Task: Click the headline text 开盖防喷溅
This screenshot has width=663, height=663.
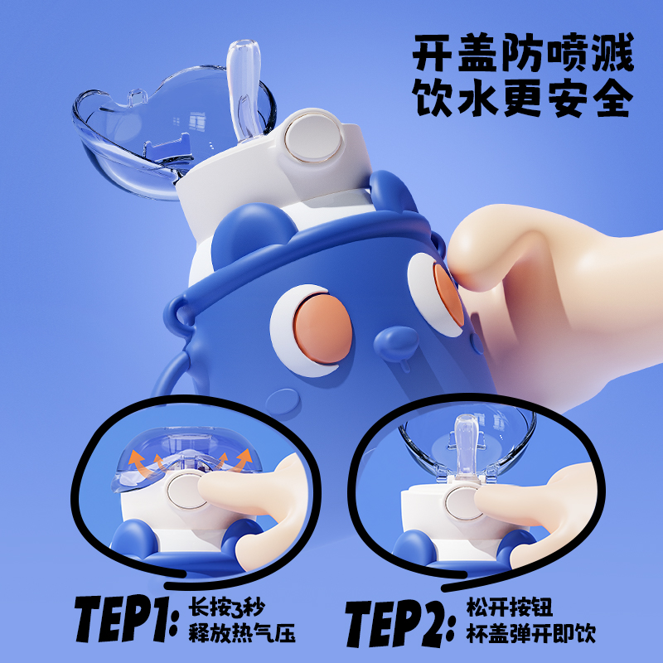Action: point(523,52)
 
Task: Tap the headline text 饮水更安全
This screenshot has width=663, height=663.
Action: point(523,97)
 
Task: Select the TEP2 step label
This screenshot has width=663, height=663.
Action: point(400,623)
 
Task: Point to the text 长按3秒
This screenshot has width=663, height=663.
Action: point(226,608)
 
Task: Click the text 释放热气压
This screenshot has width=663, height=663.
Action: point(241,633)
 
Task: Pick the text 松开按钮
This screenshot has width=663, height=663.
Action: point(510,608)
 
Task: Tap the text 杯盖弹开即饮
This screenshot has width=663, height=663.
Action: point(530,633)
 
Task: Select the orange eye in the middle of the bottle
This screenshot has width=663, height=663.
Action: point(323,329)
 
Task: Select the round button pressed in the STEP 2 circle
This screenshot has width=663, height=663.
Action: point(464,503)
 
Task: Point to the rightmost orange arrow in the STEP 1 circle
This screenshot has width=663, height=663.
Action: point(242,460)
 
